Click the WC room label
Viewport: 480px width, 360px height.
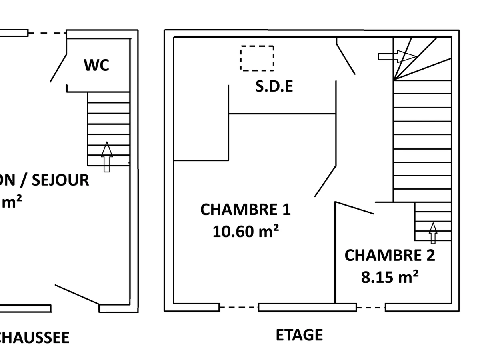(96, 65)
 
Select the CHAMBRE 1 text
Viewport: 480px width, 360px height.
(245, 210)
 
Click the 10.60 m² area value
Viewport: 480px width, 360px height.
(245, 231)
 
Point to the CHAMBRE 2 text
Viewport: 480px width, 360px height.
(389, 255)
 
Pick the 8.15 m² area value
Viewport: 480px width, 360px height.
(390, 277)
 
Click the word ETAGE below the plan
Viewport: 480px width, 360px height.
(299, 335)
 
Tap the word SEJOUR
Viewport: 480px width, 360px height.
(60, 180)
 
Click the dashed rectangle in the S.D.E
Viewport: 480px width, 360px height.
(257, 58)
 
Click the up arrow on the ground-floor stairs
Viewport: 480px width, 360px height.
(106, 157)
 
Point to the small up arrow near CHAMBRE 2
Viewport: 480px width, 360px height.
(433, 233)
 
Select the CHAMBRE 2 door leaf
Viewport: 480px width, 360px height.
(355, 208)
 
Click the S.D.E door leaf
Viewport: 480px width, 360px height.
(346, 56)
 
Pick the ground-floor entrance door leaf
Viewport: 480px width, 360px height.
(77, 294)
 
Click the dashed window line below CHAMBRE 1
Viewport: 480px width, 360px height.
(239, 307)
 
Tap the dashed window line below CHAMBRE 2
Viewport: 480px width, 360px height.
(371, 307)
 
